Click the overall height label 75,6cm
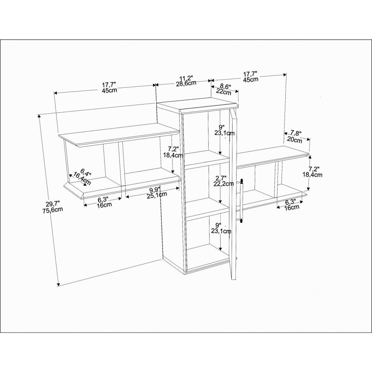(x=53, y=210)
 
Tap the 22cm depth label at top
(x=223, y=92)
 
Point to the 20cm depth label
(x=294, y=140)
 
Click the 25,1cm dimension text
(x=157, y=195)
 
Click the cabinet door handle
(x=241, y=201)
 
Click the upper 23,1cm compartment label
(x=224, y=133)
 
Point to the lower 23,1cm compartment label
(x=221, y=231)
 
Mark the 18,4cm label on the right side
(x=312, y=175)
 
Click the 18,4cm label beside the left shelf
(x=173, y=155)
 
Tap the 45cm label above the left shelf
(x=109, y=90)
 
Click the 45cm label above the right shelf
(x=250, y=79)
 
